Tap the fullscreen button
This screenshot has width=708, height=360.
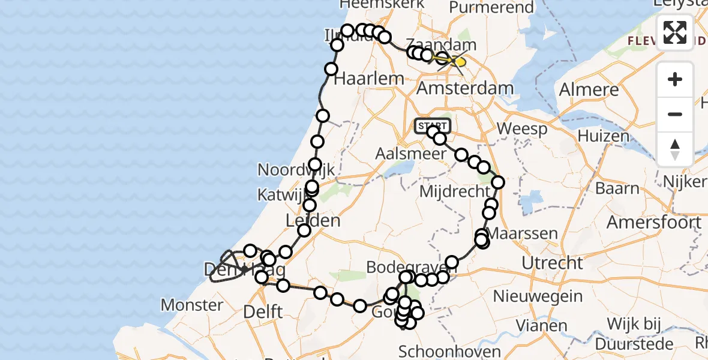pos(675,32)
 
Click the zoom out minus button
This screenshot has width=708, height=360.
pos(675,114)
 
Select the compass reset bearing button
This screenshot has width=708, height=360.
pos(675,148)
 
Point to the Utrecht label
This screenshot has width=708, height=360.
pos(552,263)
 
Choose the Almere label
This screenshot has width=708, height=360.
pos(589,90)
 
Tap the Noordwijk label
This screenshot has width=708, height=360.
pos(296,170)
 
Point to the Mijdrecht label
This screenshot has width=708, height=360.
pos(455,193)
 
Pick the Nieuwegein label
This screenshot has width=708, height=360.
pos(538,296)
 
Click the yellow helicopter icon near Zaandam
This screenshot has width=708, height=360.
pos(457,62)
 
